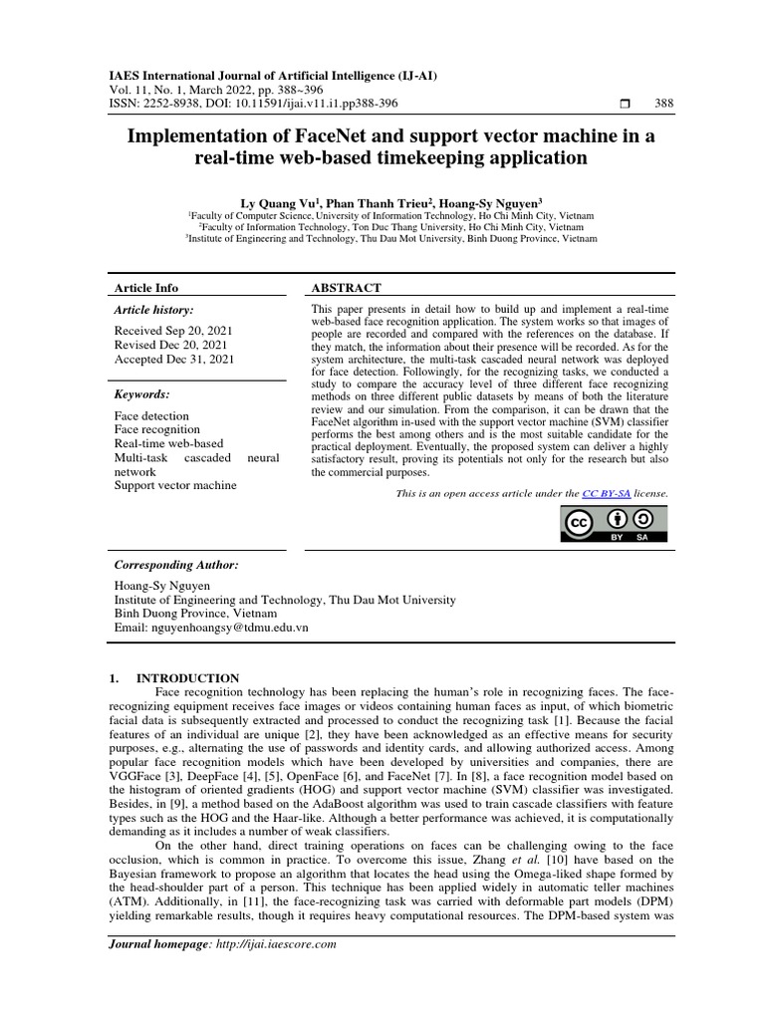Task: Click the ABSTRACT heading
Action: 346,288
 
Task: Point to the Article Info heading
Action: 146,288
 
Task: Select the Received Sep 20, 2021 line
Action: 174,330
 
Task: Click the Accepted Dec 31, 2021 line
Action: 174,359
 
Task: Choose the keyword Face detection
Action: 151,415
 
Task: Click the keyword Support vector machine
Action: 175,485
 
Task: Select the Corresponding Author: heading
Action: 176,565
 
